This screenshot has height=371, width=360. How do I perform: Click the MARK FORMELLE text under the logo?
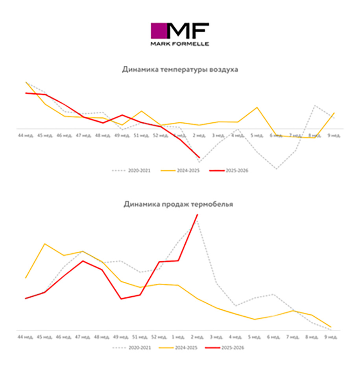179,44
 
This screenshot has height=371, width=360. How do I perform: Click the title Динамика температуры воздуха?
180,70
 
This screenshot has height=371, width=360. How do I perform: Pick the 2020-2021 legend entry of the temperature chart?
131,170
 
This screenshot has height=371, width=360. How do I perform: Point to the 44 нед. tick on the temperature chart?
26,135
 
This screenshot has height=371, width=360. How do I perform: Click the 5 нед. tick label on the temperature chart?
257,135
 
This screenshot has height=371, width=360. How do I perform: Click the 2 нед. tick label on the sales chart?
197,337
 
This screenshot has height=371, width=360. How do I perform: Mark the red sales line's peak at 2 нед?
197,214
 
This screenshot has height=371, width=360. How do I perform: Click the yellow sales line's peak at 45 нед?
45,244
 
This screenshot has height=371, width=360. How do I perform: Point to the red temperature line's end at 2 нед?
199,158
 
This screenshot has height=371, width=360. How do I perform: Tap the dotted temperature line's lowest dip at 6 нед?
277,169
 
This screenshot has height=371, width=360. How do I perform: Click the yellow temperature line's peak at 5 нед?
257,107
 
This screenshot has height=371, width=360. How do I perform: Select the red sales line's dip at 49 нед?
122,299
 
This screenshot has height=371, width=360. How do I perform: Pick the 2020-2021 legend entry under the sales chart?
131,347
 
